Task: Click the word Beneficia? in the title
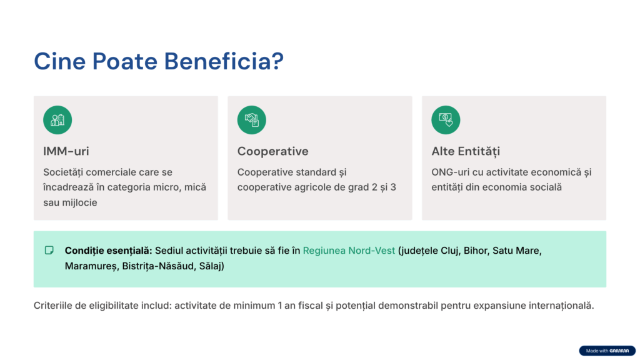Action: coord(224,61)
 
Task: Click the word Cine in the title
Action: coord(59,61)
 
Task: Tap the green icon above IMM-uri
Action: coord(57,120)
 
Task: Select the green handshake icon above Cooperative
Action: coord(251,120)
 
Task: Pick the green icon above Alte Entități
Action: coord(446,120)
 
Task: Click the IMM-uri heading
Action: coord(66,151)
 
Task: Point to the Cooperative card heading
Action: coord(272,151)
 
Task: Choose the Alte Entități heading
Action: coord(466,152)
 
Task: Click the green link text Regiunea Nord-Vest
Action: coord(349,251)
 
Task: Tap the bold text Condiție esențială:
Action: coord(108,251)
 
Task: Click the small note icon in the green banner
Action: coord(49,250)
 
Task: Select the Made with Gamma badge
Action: coord(607,351)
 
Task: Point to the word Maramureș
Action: coord(91,266)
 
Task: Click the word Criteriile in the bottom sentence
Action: coord(52,306)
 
